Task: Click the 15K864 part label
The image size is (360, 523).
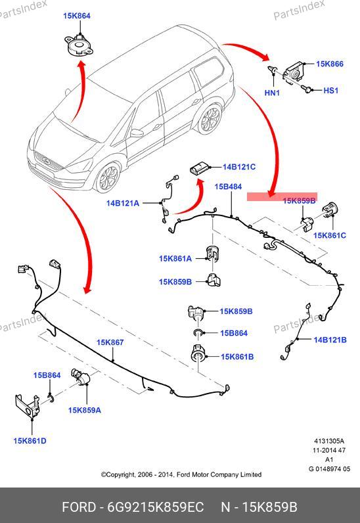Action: [x=77, y=16]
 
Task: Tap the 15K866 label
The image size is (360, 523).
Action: [x=330, y=64]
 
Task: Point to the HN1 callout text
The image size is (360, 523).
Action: [x=272, y=93]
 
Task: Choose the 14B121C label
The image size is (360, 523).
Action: [x=239, y=167]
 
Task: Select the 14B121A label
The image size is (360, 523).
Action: [x=123, y=203]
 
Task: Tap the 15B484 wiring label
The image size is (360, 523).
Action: [x=228, y=187]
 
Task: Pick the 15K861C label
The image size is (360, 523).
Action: [x=330, y=235]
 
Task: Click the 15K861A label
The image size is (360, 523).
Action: [x=175, y=258]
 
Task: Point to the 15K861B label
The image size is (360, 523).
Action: [x=237, y=357]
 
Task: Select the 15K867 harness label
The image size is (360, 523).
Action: [x=110, y=342]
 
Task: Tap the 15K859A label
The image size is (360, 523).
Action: [x=84, y=410]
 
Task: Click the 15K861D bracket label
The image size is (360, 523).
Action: [x=30, y=441]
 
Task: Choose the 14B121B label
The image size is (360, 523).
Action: [x=330, y=340]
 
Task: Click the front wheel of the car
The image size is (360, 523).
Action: [x=108, y=177]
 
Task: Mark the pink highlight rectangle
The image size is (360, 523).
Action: [x=282, y=197]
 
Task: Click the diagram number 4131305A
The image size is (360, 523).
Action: [x=329, y=441]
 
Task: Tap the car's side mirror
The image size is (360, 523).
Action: [x=137, y=133]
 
